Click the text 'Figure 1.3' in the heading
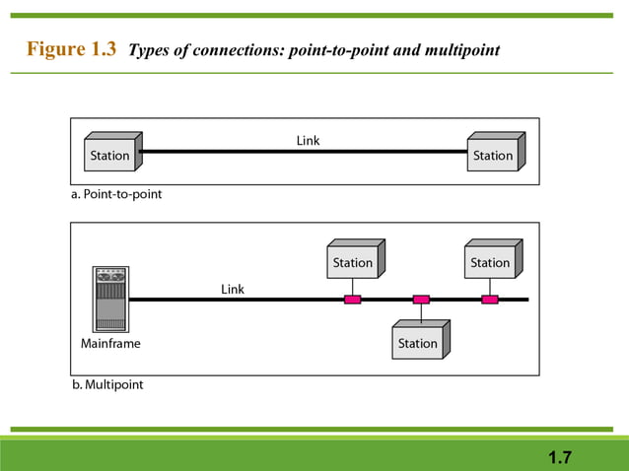click(71, 49)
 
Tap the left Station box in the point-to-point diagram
click(110, 154)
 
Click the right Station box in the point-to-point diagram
click(493, 154)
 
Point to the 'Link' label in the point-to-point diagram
click(308, 141)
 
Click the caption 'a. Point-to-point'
click(116, 194)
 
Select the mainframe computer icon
click(110, 300)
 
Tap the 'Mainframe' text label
click(110, 344)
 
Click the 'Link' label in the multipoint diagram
click(232, 289)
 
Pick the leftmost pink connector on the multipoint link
click(352, 299)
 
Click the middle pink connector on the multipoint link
click(421, 299)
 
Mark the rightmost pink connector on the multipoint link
click(489, 299)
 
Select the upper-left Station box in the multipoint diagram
click(353, 261)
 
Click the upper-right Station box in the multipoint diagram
click(491, 261)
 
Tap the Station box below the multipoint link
click(418, 342)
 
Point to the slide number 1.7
click(560, 456)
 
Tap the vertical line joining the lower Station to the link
click(421, 313)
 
